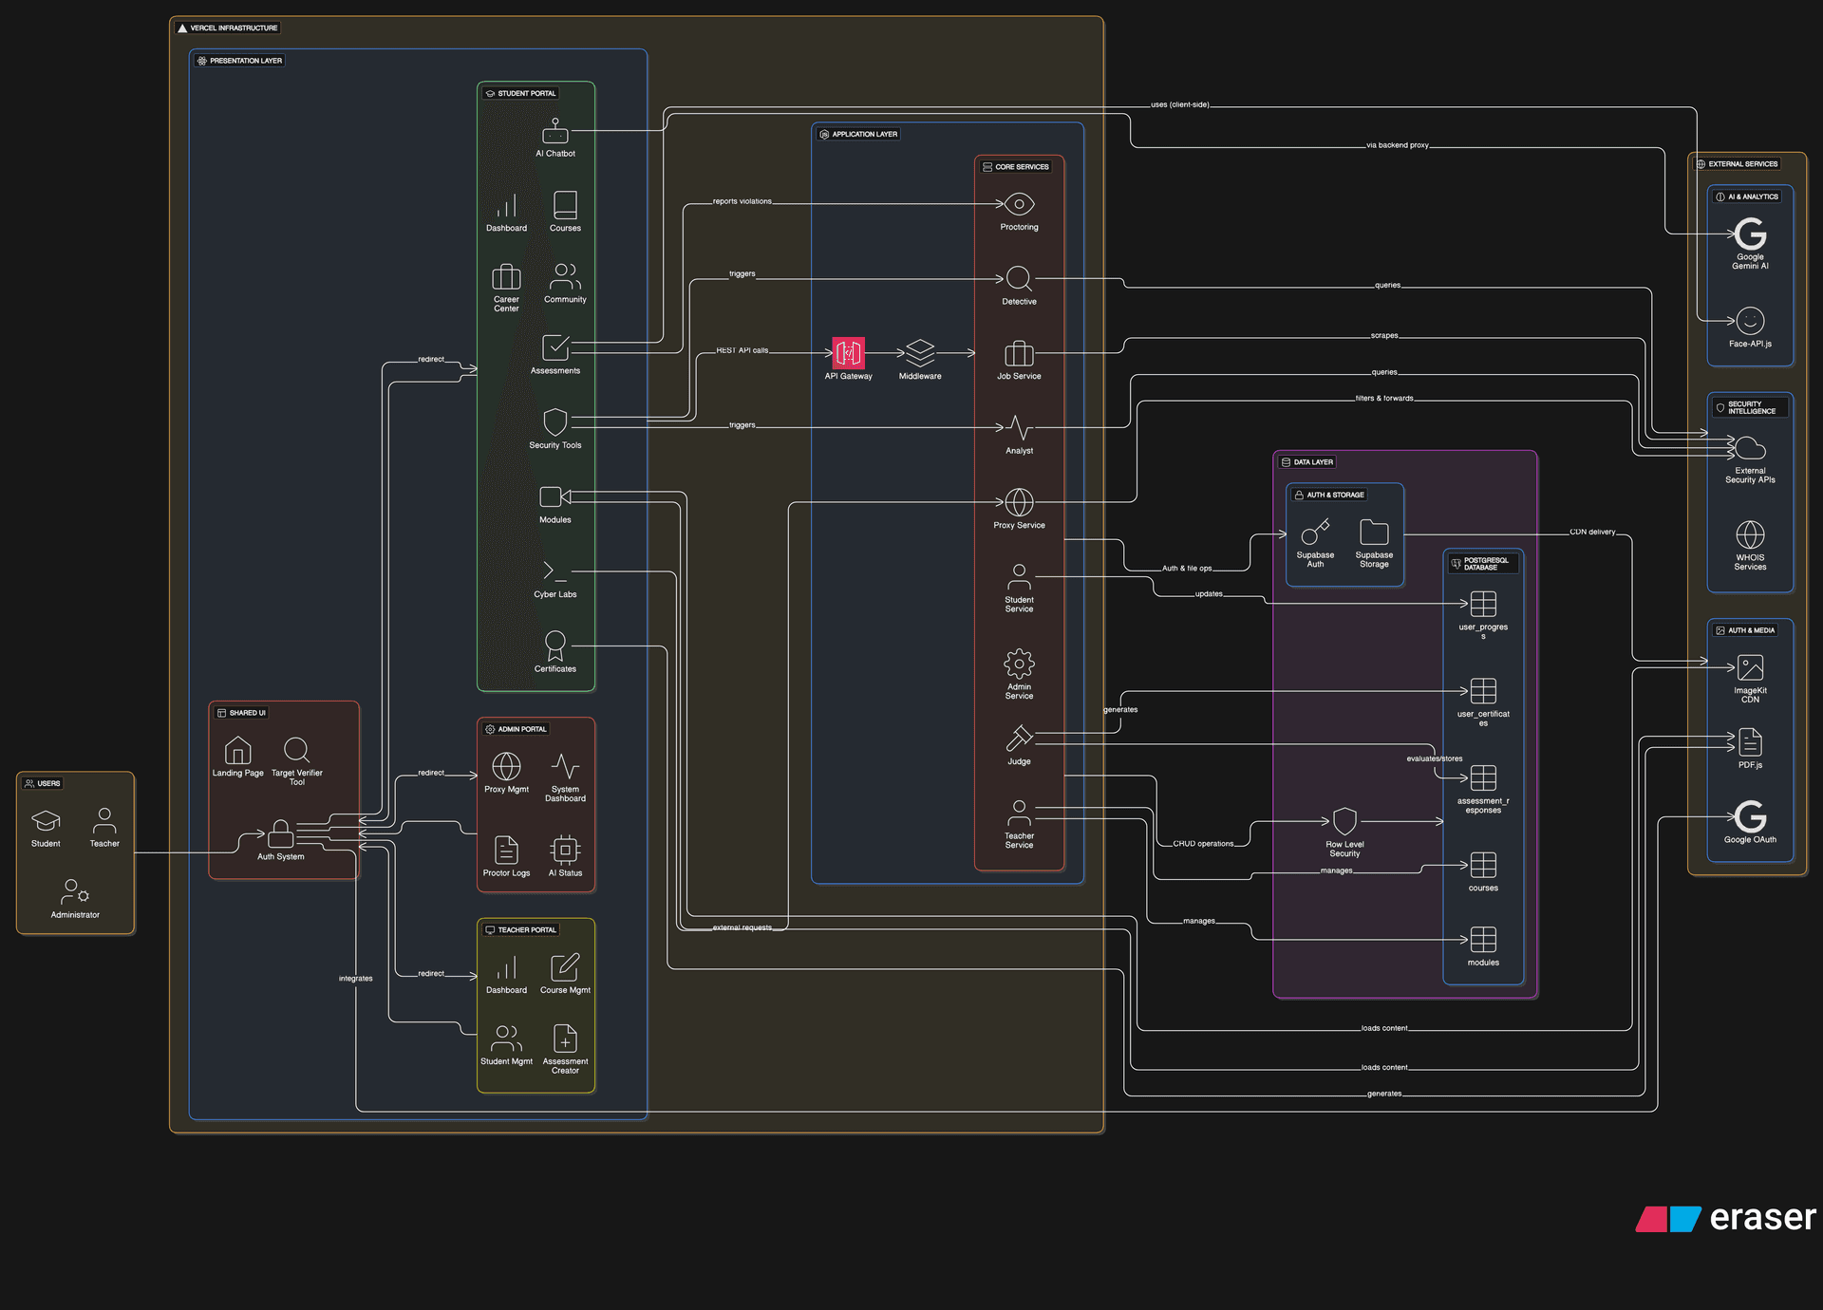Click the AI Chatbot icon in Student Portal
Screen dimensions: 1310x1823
click(x=554, y=131)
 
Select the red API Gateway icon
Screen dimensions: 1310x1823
click(x=848, y=353)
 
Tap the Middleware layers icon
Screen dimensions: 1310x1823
click(x=919, y=353)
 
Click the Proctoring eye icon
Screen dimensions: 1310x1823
click(x=1019, y=204)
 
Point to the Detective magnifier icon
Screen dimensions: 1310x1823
click(x=1019, y=278)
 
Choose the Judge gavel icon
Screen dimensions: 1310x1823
click(x=1019, y=738)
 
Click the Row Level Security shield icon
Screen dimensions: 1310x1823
click(x=1344, y=821)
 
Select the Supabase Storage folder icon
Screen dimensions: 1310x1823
click(x=1374, y=532)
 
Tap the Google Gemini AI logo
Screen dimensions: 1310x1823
click(x=1750, y=234)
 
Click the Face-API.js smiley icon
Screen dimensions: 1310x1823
click(x=1750, y=321)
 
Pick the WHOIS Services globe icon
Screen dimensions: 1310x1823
click(x=1750, y=534)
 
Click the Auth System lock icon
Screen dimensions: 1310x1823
click(x=280, y=833)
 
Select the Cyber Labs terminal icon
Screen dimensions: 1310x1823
click(x=554, y=571)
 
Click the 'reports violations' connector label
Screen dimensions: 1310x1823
click(x=742, y=201)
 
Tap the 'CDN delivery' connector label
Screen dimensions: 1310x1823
click(x=1592, y=532)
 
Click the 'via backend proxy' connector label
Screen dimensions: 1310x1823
click(x=1397, y=145)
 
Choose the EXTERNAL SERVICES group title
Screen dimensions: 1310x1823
click(x=1742, y=164)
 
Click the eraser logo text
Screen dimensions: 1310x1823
click(x=1762, y=1218)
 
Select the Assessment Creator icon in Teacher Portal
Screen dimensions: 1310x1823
click(x=565, y=1039)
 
